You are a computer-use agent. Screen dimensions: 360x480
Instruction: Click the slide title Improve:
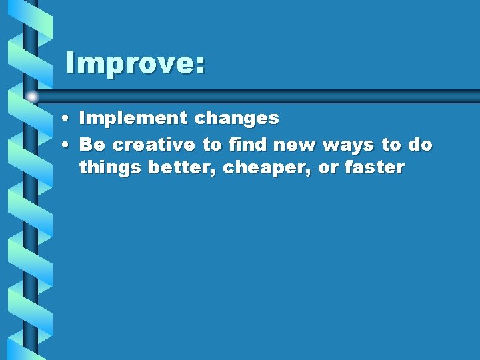click(135, 63)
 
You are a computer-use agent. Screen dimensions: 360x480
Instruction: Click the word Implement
click(133, 119)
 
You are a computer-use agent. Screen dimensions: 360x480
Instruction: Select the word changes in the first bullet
click(237, 119)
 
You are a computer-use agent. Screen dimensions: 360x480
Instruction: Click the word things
click(110, 168)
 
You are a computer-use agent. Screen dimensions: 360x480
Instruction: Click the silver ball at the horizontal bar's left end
click(32, 97)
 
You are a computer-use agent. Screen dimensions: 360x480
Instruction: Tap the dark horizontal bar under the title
click(267, 96)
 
